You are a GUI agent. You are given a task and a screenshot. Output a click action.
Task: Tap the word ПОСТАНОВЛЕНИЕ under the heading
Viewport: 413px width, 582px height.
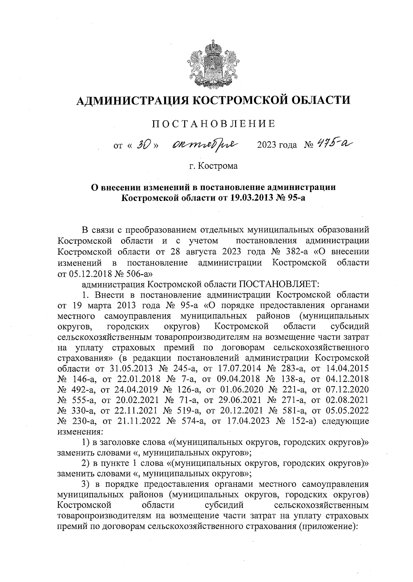(x=213, y=123)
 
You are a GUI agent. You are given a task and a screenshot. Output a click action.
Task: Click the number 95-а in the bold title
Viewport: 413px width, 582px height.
(x=296, y=198)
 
